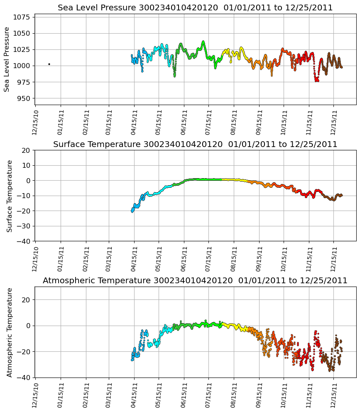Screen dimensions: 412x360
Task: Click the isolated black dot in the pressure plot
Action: pos(49,64)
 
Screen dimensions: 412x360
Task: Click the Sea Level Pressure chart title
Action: pos(195,8)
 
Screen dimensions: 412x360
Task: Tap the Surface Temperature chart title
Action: pos(195,145)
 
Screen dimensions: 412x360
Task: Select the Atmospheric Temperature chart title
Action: pos(195,281)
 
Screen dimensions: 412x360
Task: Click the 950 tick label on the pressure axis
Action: pos(24,98)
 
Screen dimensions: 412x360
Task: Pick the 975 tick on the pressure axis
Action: pos(24,82)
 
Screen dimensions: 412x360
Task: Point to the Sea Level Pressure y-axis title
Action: pos(7,59)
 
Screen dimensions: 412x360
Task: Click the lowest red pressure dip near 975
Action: pos(317,80)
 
